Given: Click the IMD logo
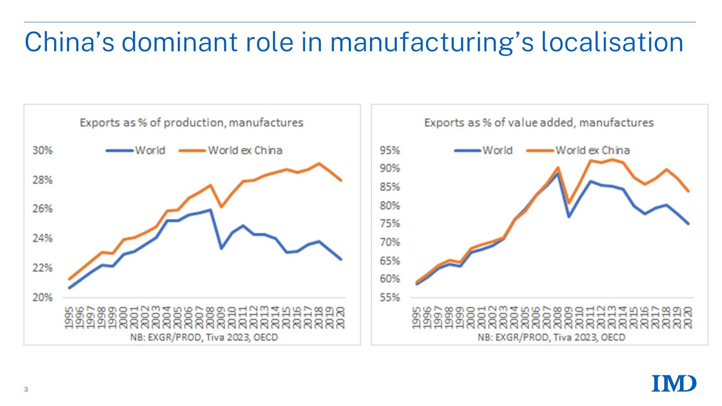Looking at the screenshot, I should (x=674, y=383).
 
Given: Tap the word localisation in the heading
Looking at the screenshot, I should (x=612, y=42).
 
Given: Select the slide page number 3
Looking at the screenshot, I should (x=26, y=389).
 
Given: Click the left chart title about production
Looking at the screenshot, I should (x=191, y=123).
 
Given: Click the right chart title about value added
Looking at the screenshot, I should (x=539, y=123).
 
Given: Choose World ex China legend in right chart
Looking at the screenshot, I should (x=579, y=150).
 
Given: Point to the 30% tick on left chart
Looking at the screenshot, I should (x=42, y=150).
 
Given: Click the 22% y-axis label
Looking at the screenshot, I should (x=42, y=268).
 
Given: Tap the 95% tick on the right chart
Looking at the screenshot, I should (x=390, y=150).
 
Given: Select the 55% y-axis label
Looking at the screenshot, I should (x=390, y=297).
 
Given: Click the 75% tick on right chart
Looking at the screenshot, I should (x=390, y=224).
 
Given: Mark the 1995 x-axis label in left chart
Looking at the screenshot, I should (x=69, y=318).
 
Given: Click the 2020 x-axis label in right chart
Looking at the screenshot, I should (x=688, y=318).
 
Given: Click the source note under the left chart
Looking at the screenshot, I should (x=204, y=337).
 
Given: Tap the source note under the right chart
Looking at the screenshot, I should (x=551, y=337).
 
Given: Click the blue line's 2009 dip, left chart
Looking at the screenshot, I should (x=221, y=248).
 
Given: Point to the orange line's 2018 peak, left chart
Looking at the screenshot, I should (x=319, y=163).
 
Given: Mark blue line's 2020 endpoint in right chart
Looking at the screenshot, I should (x=688, y=223).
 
